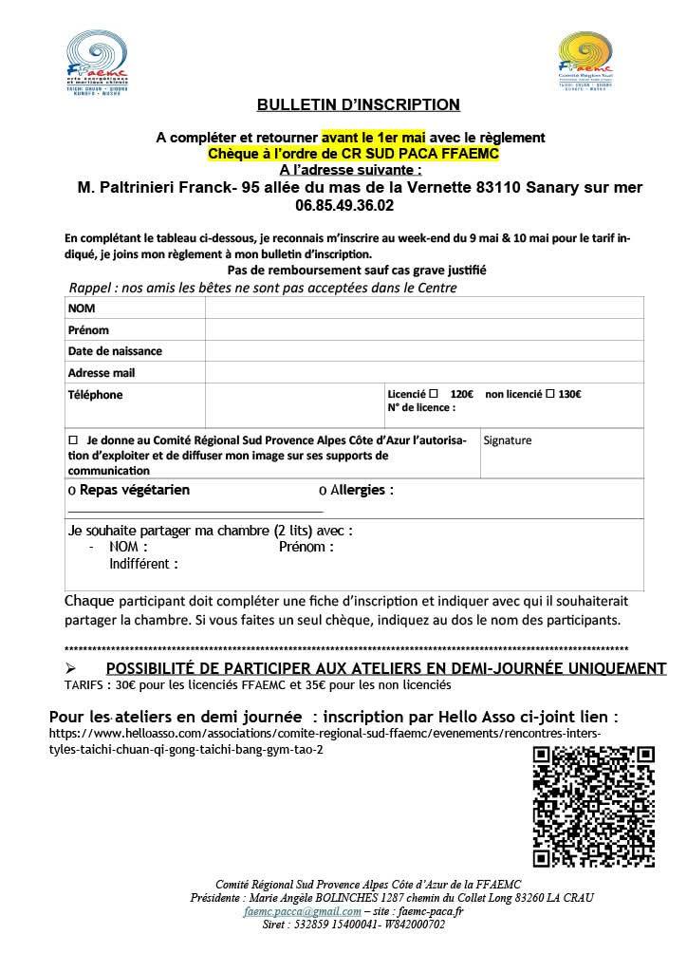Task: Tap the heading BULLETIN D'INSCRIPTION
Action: [359, 104]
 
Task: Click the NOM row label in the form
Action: [82, 308]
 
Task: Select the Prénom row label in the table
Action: [88, 330]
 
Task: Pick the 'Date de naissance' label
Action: [115, 351]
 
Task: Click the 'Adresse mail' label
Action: [102, 373]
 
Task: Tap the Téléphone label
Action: [95, 395]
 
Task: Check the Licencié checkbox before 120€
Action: [434, 393]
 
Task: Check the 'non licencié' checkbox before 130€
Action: [548, 393]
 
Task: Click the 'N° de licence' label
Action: [421, 408]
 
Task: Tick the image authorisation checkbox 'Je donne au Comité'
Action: [73, 441]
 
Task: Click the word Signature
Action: [508, 440]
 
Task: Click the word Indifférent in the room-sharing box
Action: [143, 563]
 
